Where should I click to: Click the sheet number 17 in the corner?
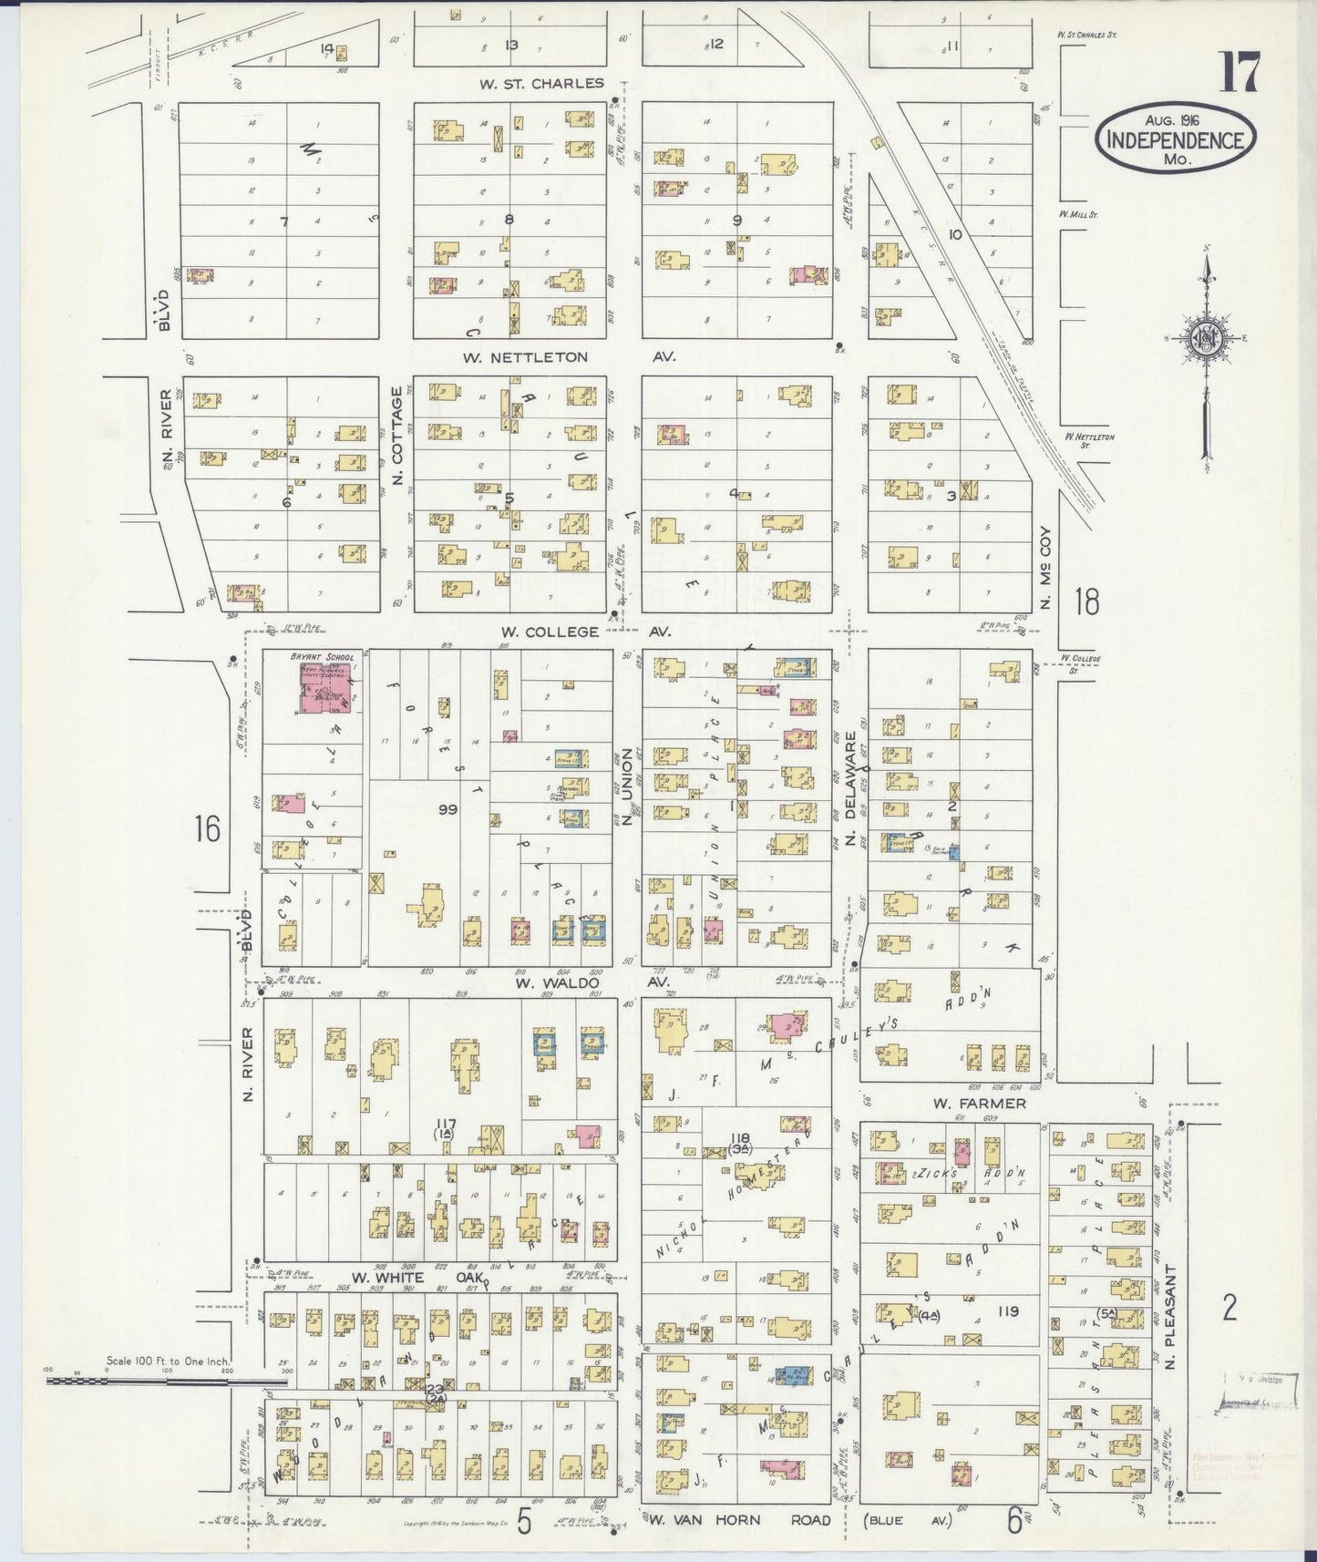(x=1238, y=73)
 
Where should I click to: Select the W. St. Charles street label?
(x=541, y=84)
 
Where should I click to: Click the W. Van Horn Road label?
(x=738, y=1519)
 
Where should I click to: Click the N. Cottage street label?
(x=396, y=436)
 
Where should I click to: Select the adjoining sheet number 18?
(x=1086, y=602)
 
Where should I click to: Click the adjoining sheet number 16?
(x=207, y=828)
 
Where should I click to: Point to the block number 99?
(x=447, y=808)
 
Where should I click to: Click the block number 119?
(x=1007, y=1311)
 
